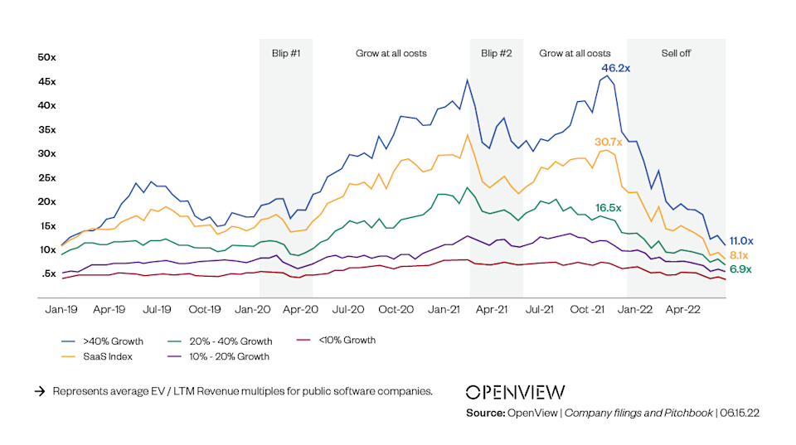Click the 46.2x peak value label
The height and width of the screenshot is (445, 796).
pos(616,68)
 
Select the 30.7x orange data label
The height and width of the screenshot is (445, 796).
pos(608,142)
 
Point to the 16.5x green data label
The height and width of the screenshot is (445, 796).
pos(609,207)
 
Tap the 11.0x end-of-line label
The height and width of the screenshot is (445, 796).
pos(740,239)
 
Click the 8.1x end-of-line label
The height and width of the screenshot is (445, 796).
pos(740,256)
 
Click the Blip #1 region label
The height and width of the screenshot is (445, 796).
pos(286,53)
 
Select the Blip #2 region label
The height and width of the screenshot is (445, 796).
pos(496,53)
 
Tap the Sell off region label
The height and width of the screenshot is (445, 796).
pos(676,53)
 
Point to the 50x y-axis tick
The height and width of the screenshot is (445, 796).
pos(46,57)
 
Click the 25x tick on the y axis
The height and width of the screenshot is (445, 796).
pos(46,178)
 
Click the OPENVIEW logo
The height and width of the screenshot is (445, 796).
pos(515,392)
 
